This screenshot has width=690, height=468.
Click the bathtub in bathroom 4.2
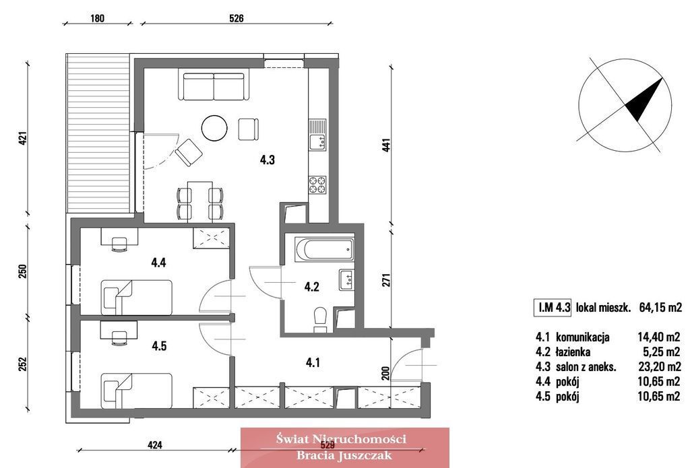(x=325, y=249)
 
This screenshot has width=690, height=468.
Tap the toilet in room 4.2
(x=320, y=319)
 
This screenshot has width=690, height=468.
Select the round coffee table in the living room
(x=214, y=128)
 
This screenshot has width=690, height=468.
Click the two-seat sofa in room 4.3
(x=214, y=86)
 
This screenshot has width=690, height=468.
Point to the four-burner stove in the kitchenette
(x=317, y=185)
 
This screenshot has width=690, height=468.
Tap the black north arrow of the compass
(x=644, y=100)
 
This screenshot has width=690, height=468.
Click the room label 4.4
(x=158, y=263)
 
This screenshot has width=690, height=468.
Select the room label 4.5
(x=159, y=346)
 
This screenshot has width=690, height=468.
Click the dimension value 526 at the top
(x=237, y=18)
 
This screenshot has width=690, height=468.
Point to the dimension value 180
(x=97, y=18)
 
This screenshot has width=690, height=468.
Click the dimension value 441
(x=386, y=145)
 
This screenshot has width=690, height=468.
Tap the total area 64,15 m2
(x=660, y=308)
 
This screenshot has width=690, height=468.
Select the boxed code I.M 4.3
(x=553, y=307)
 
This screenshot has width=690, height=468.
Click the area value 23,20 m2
(x=659, y=366)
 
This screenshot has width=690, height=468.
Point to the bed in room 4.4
(x=136, y=298)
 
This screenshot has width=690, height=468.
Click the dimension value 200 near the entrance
(x=385, y=373)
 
